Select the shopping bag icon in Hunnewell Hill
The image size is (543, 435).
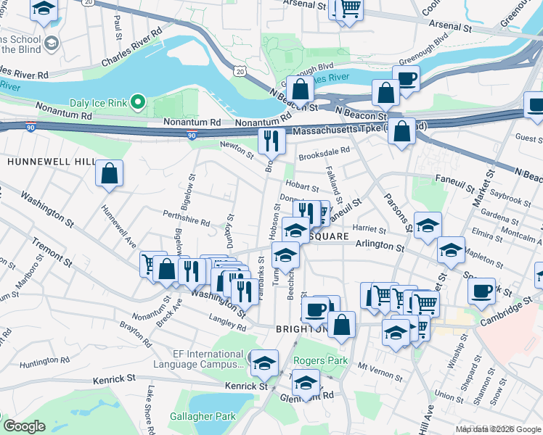pyautogui.click(x=109, y=174)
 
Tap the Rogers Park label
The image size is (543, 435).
pyautogui.click(x=320, y=360)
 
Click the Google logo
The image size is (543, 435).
pyautogui.click(x=24, y=426)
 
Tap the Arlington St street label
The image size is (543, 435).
pyautogui.click(x=380, y=247)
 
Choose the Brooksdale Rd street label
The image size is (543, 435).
pyautogui.click(x=324, y=152)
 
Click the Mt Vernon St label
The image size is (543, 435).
pyautogui.click(x=380, y=367)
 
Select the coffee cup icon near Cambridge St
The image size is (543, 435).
pyautogui.click(x=481, y=290)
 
